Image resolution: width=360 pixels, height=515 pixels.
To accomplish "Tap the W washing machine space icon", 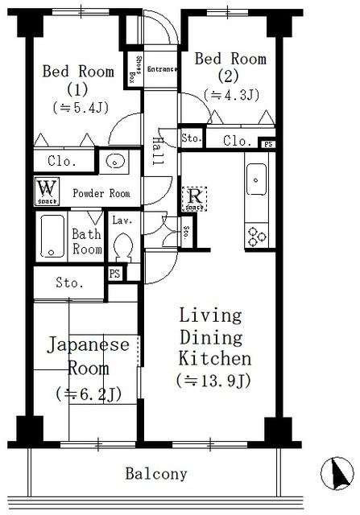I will tap(45, 192).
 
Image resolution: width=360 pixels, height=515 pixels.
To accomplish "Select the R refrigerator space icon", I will tap(194, 197).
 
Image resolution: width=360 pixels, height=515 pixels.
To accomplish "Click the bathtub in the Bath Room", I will tap(54, 234).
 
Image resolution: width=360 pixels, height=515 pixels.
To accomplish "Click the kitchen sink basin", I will tap(257, 175).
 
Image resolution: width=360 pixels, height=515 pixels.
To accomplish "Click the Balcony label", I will tap(155, 473).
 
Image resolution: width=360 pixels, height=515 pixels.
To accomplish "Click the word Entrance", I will tap(162, 69).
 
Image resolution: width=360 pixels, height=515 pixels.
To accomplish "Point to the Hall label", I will tap(158, 150).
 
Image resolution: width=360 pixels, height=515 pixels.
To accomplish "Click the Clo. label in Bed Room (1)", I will tap(62, 161).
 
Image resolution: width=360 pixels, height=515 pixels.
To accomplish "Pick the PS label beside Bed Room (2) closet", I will tap(268, 144).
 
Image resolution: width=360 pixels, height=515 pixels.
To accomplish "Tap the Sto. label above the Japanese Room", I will tap(70, 282).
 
